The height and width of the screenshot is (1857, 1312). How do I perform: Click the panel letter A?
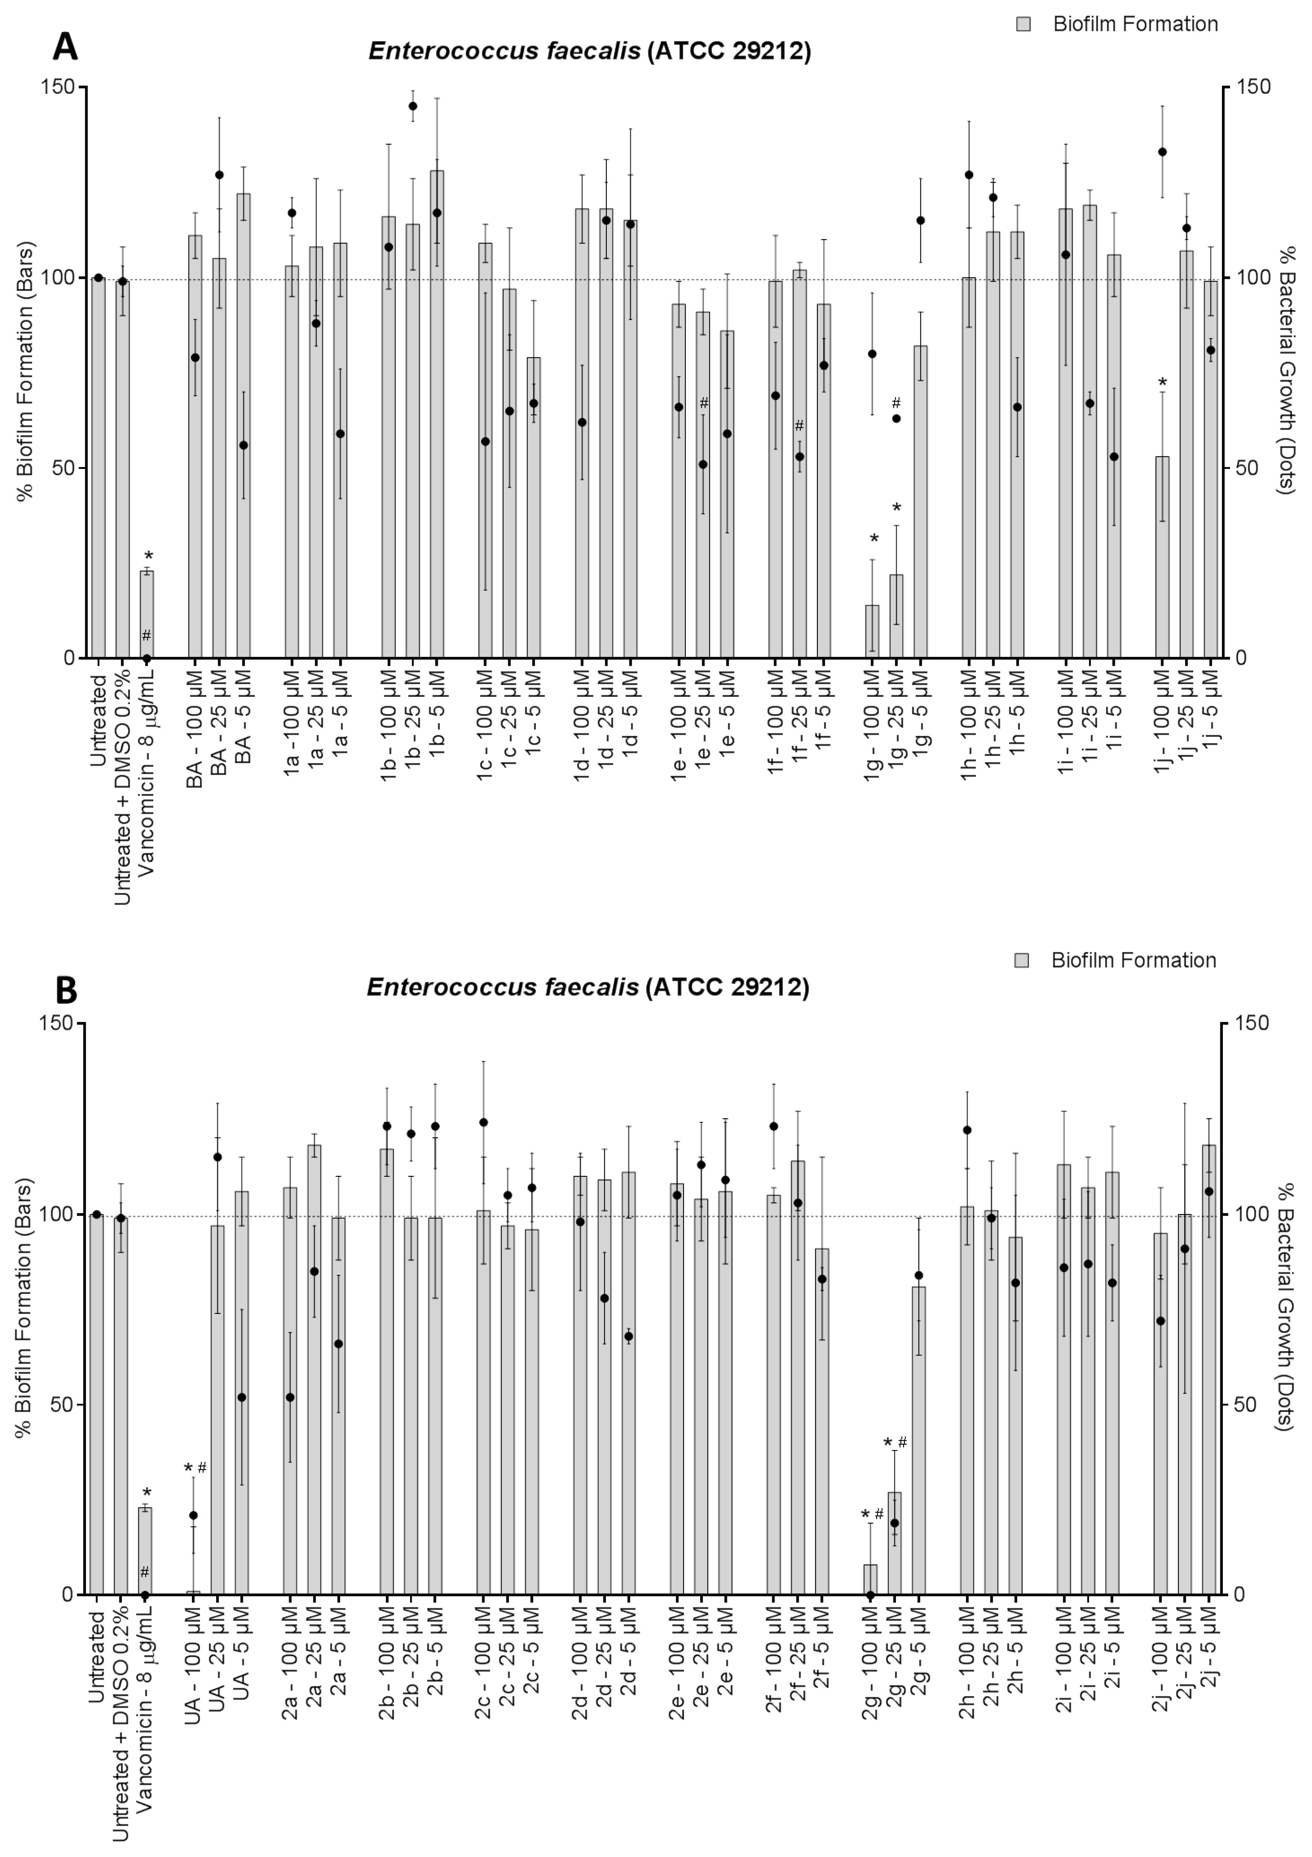(65, 47)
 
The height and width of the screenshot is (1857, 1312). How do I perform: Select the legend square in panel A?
(1023, 24)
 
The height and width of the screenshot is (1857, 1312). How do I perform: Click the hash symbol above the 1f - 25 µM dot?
(799, 426)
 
